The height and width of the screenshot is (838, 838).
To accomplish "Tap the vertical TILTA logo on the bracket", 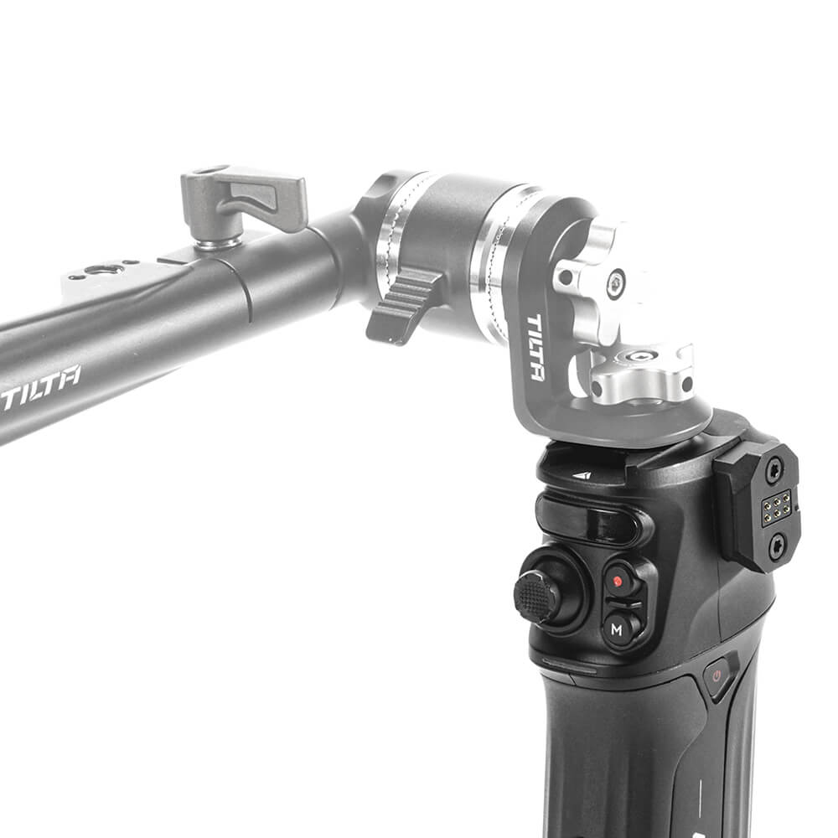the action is (535, 348).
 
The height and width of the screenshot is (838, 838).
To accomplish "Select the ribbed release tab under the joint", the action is (404, 305).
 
